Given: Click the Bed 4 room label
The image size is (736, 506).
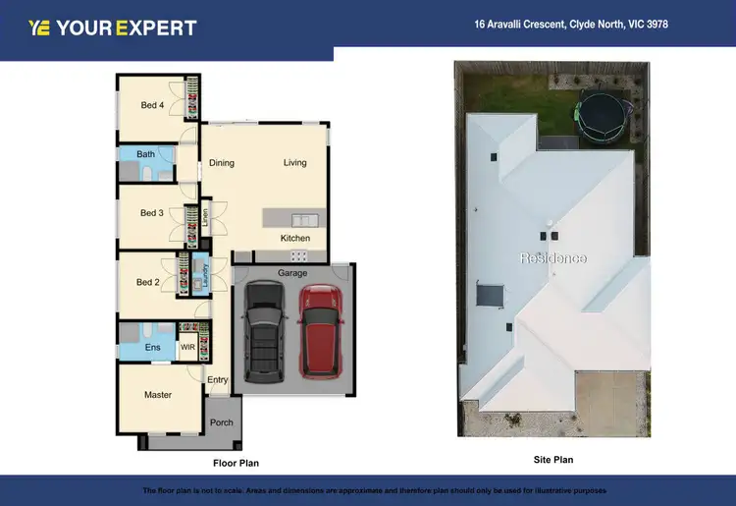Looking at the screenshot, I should [151, 105].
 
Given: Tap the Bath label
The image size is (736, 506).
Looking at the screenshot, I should [145, 154].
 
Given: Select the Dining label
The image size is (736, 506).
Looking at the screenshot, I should [222, 163].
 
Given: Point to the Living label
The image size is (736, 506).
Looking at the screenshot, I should [294, 163].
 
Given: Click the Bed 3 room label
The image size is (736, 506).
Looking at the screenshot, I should [151, 213].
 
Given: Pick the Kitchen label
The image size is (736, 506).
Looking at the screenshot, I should [295, 239].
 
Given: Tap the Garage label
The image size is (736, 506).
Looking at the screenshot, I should [292, 272].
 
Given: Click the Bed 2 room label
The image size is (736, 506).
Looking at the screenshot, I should [147, 283].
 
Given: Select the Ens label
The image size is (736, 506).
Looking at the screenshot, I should [152, 348].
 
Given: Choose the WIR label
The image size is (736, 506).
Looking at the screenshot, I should [186, 348].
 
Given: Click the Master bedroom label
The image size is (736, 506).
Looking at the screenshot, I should [158, 395].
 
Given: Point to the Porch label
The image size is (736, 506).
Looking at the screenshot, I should [222, 423].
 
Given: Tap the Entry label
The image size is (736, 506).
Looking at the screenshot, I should [217, 380].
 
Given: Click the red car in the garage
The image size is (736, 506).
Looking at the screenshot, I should [320, 330].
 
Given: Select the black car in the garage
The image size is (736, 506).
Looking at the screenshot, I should [264, 330].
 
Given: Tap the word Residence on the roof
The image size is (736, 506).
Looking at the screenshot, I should [552, 258].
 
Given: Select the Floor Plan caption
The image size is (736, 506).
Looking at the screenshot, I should [236, 462].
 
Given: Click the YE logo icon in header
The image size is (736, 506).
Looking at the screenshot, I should [40, 28].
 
